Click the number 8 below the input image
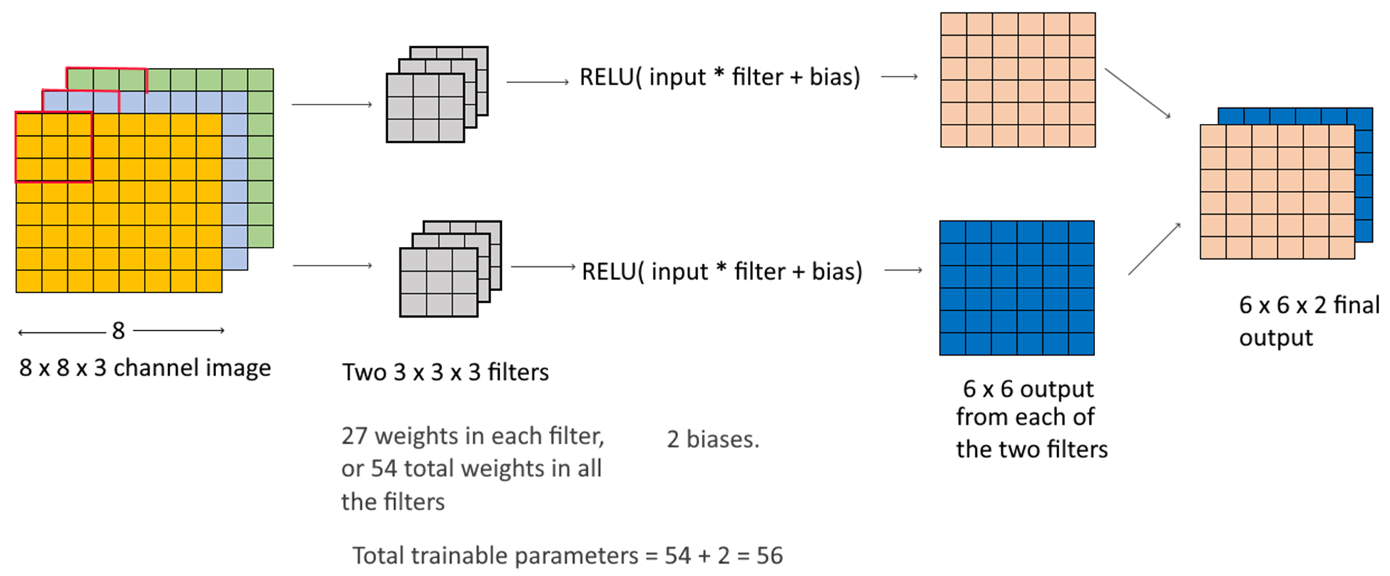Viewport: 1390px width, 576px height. point(118,331)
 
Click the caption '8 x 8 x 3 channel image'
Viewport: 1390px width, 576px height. point(145,368)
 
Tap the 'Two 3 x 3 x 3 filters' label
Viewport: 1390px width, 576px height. point(445,372)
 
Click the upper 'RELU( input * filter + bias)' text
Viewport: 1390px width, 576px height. point(719,77)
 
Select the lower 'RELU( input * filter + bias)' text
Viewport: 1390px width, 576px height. point(721,271)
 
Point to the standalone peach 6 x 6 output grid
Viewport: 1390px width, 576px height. point(1017,79)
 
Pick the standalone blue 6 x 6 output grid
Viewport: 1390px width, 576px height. point(1016,288)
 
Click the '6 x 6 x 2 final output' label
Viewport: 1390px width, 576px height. point(1308,321)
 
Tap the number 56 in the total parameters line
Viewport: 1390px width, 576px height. point(769,555)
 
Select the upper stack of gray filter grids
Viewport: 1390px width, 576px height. point(437,94)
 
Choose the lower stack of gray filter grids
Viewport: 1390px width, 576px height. point(450,269)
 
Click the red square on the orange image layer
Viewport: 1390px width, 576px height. point(54,147)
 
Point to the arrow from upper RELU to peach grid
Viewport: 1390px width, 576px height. point(899,77)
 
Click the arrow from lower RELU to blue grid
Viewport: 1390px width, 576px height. point(903,270)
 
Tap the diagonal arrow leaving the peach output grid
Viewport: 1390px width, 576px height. point(1137,93)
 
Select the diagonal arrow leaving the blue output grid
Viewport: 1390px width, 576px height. point(1154,249)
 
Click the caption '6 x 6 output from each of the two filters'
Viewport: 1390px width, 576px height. point(1031,419)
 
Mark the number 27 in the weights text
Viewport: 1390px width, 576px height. point(354,436)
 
